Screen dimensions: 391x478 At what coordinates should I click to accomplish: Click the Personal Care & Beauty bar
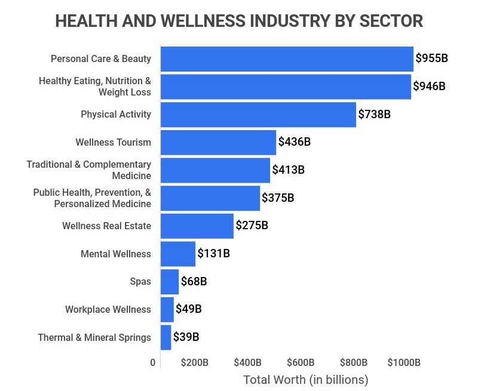point(287,59)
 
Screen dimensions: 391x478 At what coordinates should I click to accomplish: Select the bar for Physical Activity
point(258,114)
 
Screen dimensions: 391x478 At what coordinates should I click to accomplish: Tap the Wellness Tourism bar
point(218,142)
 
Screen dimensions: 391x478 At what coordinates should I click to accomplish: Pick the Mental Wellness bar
point(178,254)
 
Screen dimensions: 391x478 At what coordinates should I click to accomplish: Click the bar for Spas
point(170,281)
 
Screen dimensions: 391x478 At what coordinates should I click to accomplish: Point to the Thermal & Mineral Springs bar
point(166,337)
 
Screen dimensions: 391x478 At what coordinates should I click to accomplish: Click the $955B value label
point(431,59)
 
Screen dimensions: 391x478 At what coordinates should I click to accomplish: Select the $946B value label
point(429,86)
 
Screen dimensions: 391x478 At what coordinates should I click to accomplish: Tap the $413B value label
point(288,170)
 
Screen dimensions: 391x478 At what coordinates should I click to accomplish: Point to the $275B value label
point(252,226)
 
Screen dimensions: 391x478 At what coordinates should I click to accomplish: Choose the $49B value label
point(188,309)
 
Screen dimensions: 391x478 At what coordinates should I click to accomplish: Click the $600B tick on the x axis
point(301,362)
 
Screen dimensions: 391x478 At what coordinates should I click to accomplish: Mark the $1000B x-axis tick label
point(404,362)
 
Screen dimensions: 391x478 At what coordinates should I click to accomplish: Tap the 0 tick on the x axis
point(153,362)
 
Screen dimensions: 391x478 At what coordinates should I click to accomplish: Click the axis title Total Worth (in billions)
point(306,380)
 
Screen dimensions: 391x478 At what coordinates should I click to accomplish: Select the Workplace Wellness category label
point(108,309)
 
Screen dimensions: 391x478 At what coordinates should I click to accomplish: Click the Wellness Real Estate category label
point(106,226)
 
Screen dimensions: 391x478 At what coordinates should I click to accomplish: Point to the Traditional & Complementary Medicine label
point(89,170)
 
